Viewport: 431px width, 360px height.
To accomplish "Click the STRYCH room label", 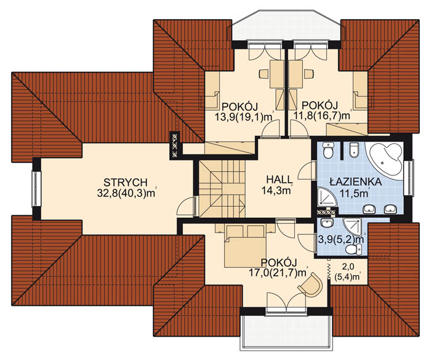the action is pos(126,183).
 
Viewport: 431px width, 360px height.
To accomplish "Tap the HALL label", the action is pos(279,180).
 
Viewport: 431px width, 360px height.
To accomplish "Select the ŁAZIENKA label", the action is pos(355,182).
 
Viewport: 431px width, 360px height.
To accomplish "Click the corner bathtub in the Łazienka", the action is pos(386,161).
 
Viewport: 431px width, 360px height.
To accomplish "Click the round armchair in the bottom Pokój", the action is pos(311,285).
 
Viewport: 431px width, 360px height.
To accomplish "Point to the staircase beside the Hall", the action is pos(222,188).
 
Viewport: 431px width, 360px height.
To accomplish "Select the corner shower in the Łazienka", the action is pos(327,197).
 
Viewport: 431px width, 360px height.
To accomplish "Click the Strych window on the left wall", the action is pos(36,188).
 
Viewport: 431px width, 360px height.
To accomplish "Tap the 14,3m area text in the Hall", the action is pos(276,190).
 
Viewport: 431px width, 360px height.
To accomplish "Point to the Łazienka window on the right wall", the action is pos(409,178).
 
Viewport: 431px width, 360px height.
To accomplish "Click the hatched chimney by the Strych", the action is pos(175,145).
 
